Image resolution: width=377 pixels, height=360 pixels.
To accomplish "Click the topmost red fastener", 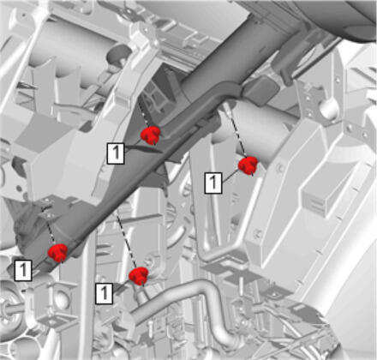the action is tap(151, 135).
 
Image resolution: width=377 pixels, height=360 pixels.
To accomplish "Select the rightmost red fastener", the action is tap(248, 165).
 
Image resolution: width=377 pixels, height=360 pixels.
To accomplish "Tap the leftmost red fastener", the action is tap(58, 253).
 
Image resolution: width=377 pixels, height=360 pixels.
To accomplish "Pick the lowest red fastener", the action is tap(139, 276).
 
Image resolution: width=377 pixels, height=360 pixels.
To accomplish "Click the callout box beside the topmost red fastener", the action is tap(116, 153).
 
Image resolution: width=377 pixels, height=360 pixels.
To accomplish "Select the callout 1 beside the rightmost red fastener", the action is tap(213, 183).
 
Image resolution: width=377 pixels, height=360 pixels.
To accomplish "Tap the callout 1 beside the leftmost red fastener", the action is tap(23, 270).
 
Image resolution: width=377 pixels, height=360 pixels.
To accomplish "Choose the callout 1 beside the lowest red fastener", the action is tap(105, 293).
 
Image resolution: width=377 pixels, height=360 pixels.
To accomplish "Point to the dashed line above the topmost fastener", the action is tap(144, 114).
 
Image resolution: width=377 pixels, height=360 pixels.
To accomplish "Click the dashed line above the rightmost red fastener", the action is tap(236, 132).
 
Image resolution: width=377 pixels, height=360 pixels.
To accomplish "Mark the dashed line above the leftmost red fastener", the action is tap(49, 225).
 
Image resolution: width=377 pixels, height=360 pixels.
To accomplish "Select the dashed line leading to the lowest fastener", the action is tap(125, 240).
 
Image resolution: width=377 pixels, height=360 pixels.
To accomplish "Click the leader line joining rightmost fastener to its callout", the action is tap(230, 176).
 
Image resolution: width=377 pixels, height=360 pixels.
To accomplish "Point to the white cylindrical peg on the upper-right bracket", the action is tap(327, 108).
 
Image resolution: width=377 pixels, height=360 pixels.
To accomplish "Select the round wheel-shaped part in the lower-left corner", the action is tap(9, 311).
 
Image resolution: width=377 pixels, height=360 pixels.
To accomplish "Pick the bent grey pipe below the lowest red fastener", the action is tap(186, 303).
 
